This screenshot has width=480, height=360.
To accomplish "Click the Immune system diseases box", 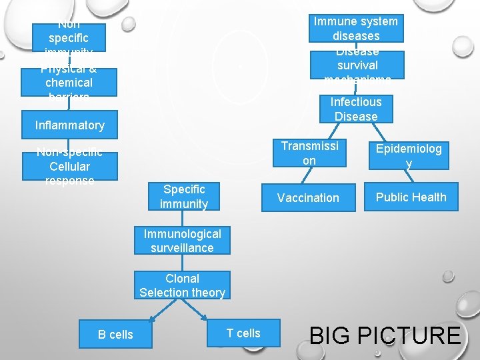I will (355, 29).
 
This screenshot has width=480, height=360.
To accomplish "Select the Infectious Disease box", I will (355, 109).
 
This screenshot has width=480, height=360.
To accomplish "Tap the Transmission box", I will (309, 153).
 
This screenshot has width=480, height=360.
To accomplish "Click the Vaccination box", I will (308, 198).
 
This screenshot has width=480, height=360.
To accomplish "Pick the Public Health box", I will (411, 197).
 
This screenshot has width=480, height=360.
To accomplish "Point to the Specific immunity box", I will (184, 197).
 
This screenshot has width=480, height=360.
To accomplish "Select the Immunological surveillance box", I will (182, 241).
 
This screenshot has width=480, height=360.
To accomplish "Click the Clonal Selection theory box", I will (182, 285).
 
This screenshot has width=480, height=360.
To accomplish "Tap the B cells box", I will (115, 334).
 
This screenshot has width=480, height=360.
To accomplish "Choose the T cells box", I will (243, 333).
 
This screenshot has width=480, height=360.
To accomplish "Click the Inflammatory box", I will (69, 125).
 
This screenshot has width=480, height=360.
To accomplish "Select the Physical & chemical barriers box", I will (69, 83).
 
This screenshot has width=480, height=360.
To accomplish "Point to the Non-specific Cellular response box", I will (69, 167).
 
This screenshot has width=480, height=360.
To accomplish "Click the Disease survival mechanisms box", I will (357, 65).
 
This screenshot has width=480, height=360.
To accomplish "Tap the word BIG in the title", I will (335, 335).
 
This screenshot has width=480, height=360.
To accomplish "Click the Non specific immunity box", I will (69, 37).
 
